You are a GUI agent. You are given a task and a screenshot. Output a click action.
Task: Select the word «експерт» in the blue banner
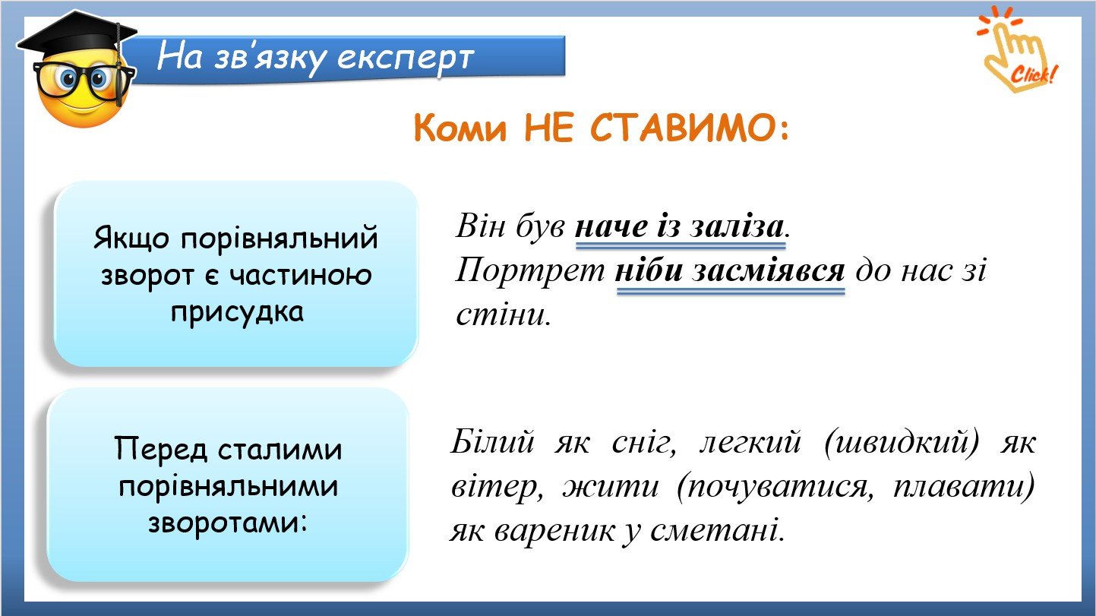[406, 58]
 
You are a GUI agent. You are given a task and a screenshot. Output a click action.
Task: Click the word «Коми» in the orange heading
[460, 128]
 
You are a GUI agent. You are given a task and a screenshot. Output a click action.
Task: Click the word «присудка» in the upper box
[237, 312]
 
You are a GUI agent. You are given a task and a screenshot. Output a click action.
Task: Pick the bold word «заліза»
[737, 227]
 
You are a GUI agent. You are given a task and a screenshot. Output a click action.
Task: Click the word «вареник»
[554, 530]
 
